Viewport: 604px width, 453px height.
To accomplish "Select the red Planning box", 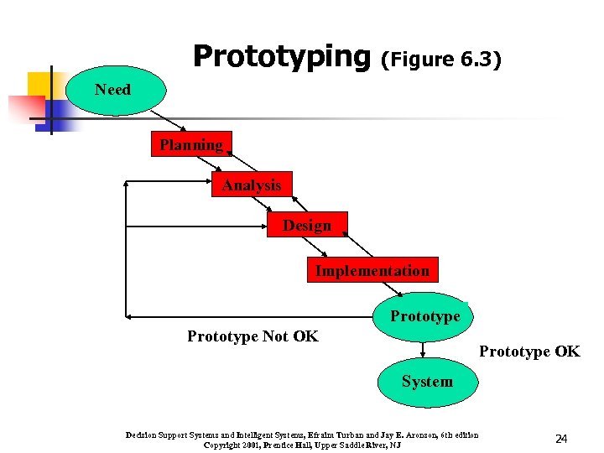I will coord(192,145).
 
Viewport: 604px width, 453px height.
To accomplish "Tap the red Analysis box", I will coord(252,185).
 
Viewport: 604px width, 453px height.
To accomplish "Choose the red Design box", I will coord(307,225).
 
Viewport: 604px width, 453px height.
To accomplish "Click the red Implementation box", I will coord(372,270).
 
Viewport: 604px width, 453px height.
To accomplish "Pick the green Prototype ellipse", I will coord(424,316).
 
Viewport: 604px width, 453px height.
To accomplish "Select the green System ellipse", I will coord(426,382).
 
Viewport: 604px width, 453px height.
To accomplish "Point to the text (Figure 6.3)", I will coord(440,60).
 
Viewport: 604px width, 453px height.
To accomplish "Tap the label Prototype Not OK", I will coord(253,336).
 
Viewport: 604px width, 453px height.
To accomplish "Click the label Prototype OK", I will coord(528,351).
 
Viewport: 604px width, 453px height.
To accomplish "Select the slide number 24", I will coord(561,439).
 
